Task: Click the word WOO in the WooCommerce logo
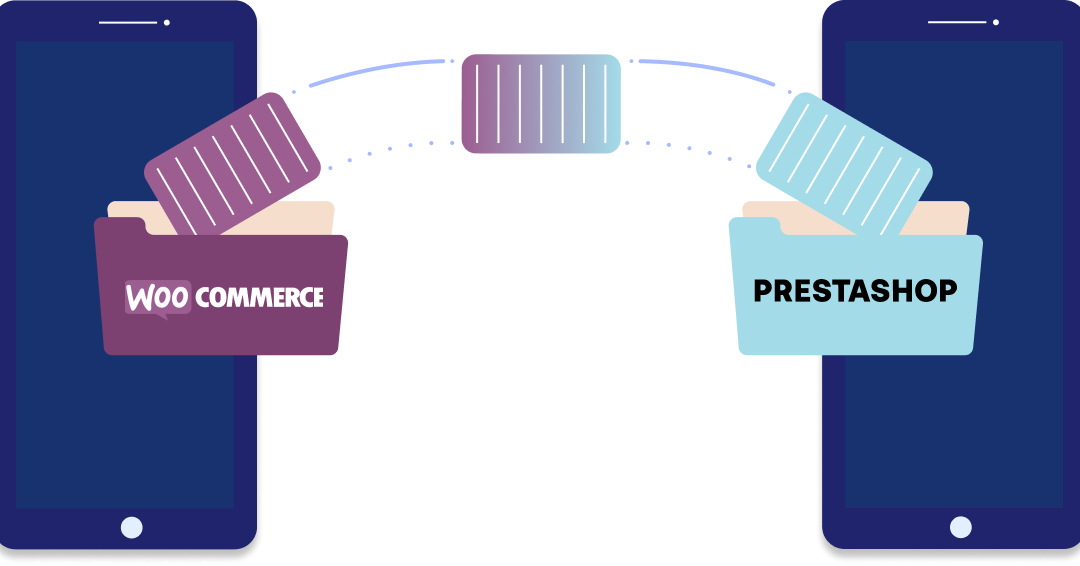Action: pos(157,297)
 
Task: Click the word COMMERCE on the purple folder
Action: pos(259,297)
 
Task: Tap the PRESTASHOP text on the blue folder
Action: pos(855,291)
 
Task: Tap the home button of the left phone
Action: pos(131,527)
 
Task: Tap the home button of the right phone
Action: pos(960,527)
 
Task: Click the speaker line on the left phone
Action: pos(128,22)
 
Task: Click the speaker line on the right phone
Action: pos(957,22)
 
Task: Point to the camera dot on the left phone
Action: pos(167,22)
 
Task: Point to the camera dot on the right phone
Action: pos(996,22)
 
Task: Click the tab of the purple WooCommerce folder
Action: pos(120,226)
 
